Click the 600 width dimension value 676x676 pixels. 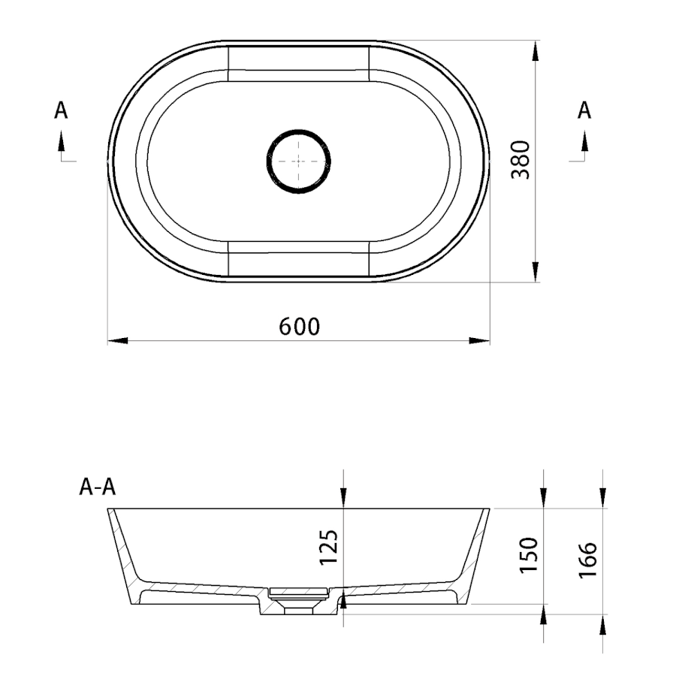(299, 327)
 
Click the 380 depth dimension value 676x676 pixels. (520, 160)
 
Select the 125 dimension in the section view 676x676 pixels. (327, 547)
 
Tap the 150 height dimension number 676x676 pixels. (529, 555)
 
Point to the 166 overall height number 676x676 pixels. (587, 560)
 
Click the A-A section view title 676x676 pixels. (98, 487)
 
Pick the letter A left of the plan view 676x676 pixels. (61, 110)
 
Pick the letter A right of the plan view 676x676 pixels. (584, 110)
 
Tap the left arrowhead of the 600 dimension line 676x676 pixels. (117, 340)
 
